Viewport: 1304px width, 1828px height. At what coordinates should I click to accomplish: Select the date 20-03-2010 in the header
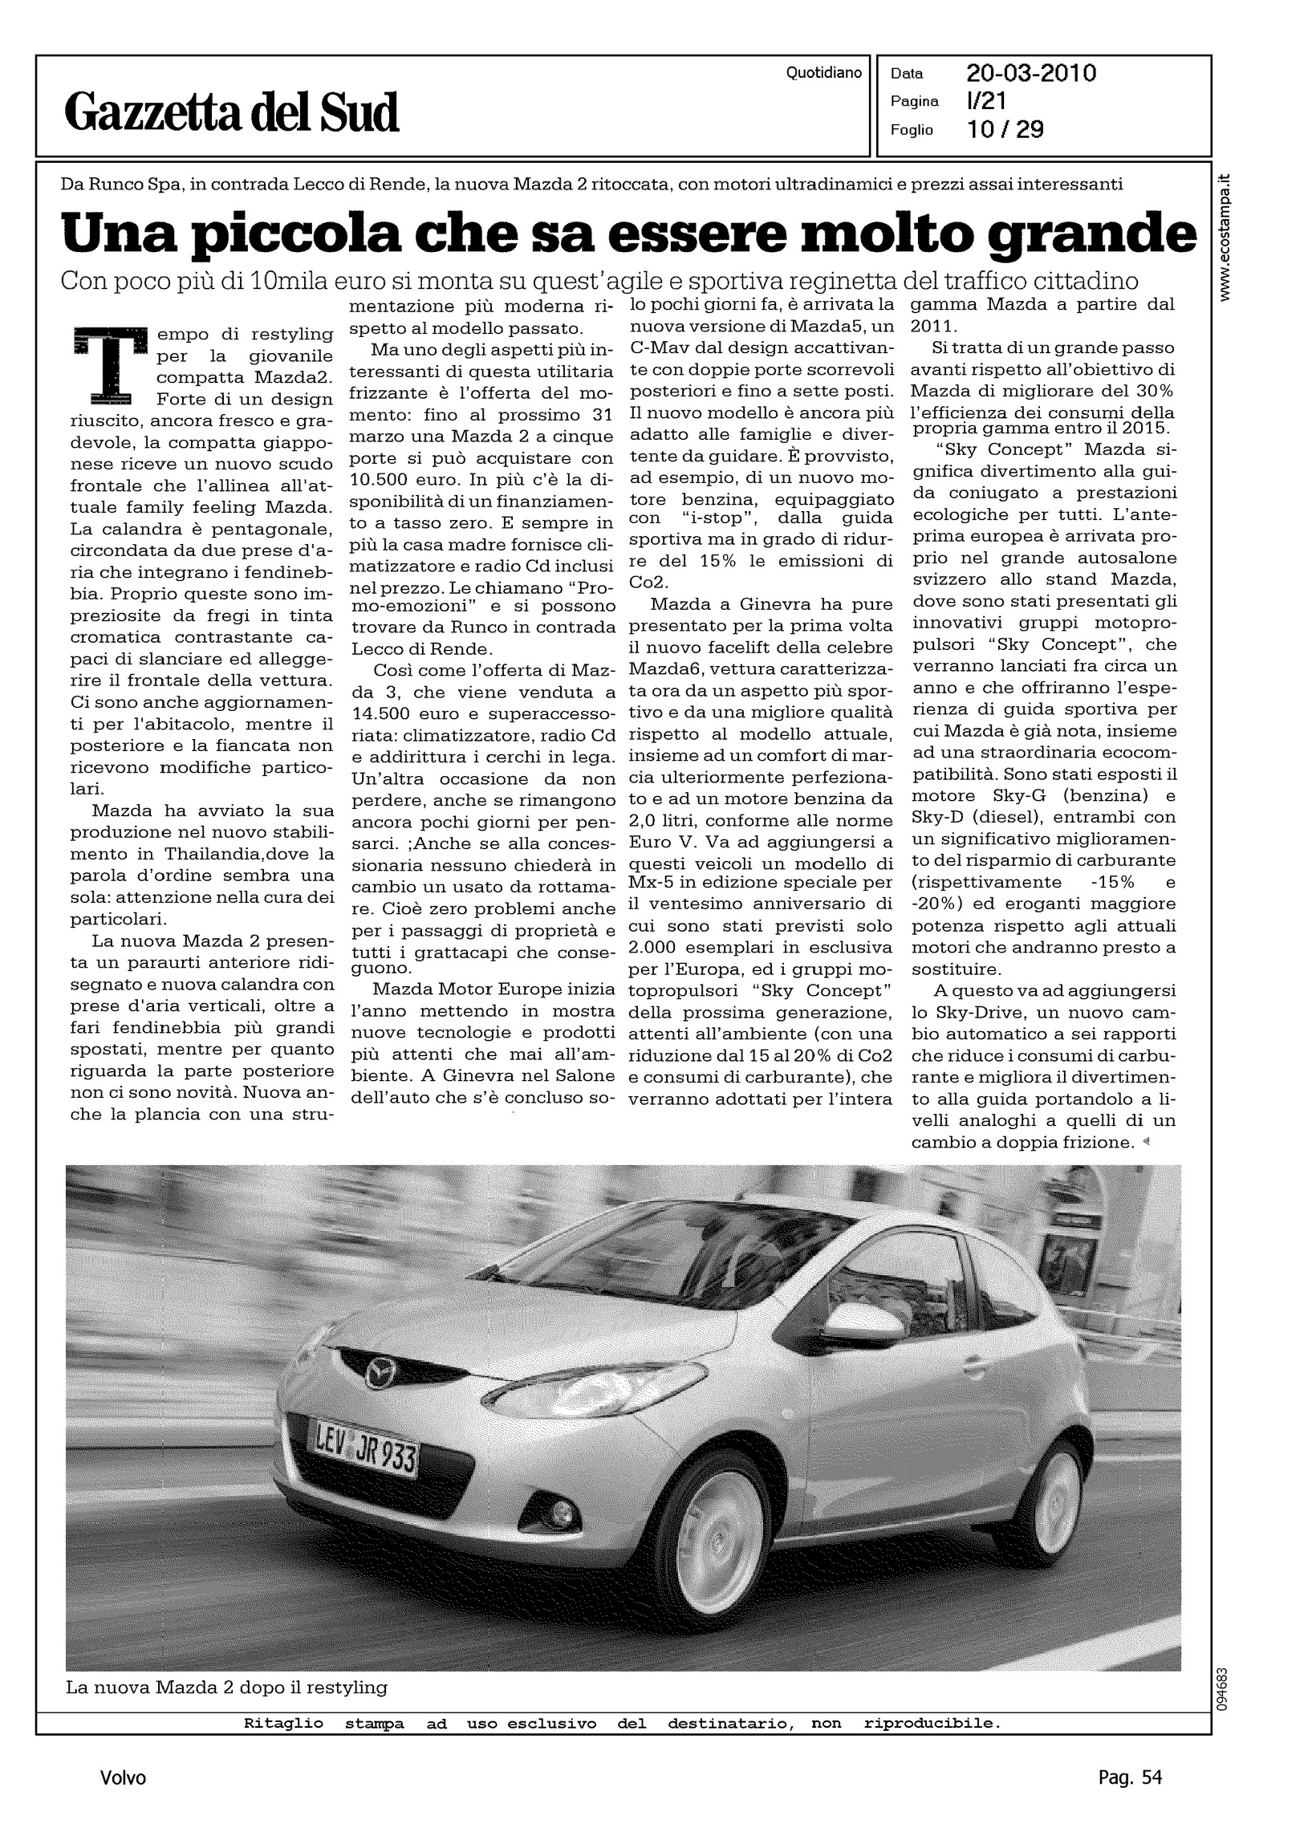(1031, 74)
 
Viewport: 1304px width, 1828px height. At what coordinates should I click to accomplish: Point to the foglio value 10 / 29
(1005, 129)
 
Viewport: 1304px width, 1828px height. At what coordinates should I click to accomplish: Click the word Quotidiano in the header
(824, 73)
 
